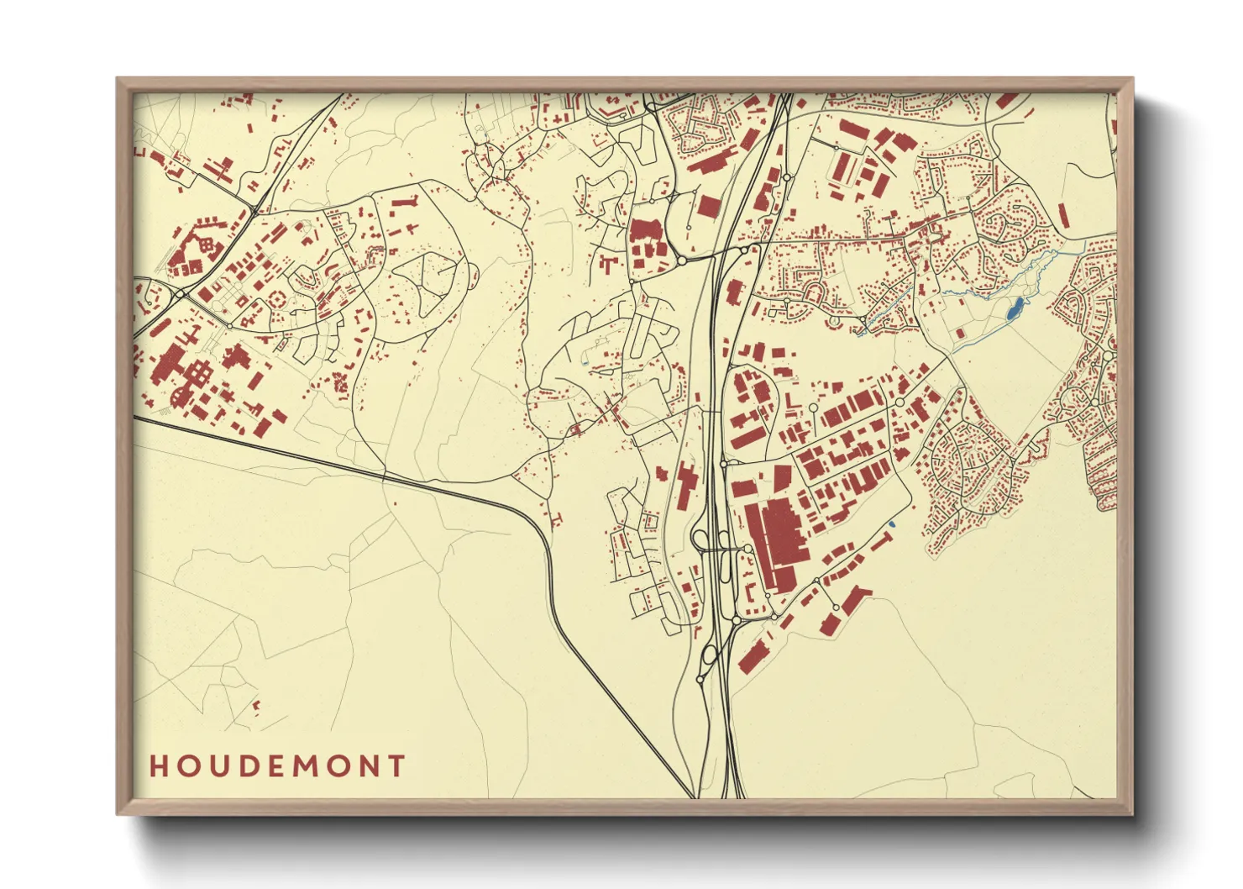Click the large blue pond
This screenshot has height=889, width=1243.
[1015, 308]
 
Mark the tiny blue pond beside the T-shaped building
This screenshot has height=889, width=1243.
[891, 527]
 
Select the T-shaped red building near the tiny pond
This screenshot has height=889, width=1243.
[880, 541]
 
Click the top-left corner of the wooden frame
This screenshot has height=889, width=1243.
[118, 79]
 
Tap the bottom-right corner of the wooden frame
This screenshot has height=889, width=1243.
[1132, 814]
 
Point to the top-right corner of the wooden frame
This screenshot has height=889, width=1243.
[1132, 79]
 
